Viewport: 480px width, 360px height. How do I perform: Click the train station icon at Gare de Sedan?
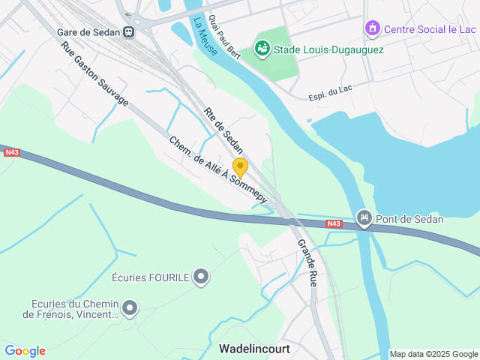pyautogui.click(x=130, y=31)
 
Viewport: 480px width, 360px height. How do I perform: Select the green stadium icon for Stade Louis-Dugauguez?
pyautogui.click(x=262, y=49)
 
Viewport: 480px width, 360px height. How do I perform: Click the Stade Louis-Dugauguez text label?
pyautogui.click(x=328, y=49)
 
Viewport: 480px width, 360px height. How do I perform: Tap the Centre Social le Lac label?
pyautogui.click(x=430, y=29)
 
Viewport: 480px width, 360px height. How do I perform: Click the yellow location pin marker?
pyautogui.click(x=240, y=166)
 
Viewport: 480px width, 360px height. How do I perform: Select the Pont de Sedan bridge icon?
pyautogui.click(x=364, y=219)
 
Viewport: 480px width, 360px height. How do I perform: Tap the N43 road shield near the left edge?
pyautogui.click(x=12, y=152)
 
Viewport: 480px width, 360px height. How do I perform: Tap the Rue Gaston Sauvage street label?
pyautogui.click(x=94, y=72)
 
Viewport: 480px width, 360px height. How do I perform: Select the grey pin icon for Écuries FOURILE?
pyautogui.click(x=201, y=277)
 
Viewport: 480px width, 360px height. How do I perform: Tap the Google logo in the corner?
pyautogui.click(x=25, y=351)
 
